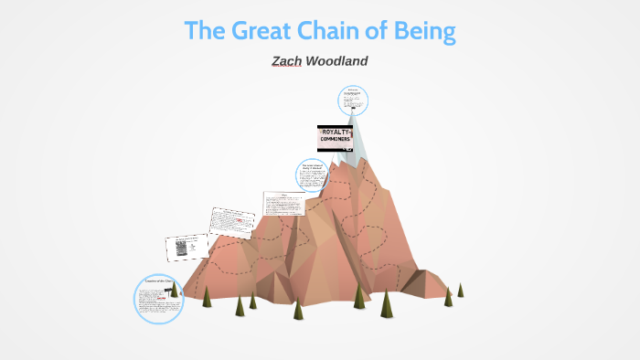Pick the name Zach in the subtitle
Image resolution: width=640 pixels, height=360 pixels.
click(287, 61)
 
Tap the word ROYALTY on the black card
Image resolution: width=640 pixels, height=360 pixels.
click(341, 132)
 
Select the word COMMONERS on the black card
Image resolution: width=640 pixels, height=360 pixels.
click(341, 140)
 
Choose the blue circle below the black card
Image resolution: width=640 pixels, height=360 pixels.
click(312, 174)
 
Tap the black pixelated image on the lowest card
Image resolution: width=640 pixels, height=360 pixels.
click(180, 247)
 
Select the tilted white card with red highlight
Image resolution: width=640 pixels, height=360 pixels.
click(231, 222)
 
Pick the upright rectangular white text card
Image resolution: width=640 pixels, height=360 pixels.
click(284, 204)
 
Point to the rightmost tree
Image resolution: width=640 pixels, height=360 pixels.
click(461, 290)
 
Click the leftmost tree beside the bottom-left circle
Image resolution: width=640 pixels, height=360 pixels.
click(206, 296)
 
